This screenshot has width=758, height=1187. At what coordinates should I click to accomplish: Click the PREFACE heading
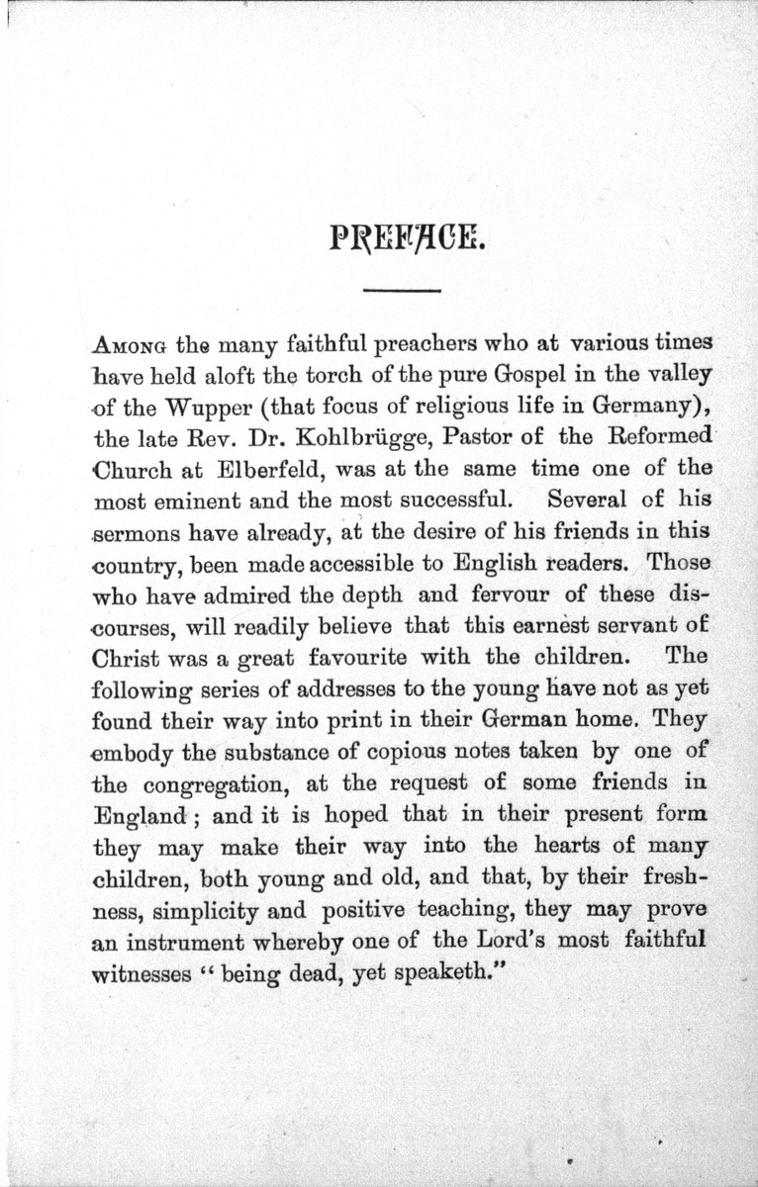pyautogui.click(x=404, y=238)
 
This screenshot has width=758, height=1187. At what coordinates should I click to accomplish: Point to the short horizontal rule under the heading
pyautogui.click(x=402, y=290)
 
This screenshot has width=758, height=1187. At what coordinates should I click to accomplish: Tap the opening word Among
pyautogui.click(x=130, y=346)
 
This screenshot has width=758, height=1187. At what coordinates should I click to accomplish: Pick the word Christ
pyautogui.click(x=123, y=657)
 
